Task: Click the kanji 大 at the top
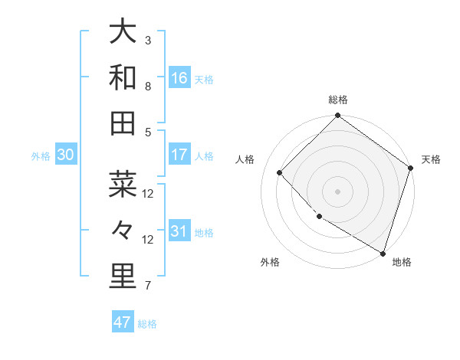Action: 123,32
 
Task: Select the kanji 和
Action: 123,78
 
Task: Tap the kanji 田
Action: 123,123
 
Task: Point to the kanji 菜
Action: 123,185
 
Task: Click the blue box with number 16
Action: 179,78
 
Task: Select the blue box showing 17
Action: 179,155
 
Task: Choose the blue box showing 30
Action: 65,155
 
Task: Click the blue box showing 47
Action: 123,322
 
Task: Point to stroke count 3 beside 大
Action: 148,40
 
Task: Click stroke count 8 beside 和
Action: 148,86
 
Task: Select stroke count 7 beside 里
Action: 148,286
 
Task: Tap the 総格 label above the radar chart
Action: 338,100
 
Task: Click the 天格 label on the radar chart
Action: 431,159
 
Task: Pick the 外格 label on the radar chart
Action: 270,262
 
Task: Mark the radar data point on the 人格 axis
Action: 280,173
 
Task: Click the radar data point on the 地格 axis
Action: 383,252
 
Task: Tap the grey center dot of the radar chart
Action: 337,191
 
